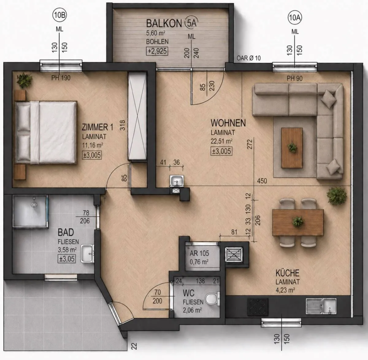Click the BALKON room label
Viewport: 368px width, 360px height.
coord(164,23)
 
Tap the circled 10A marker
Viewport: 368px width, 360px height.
coord(295,17)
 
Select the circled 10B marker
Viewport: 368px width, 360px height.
coord(59,15)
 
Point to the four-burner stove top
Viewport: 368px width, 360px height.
coord(258,307)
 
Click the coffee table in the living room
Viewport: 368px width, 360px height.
coord(292,148)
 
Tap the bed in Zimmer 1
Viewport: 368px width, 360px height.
coord(46,132)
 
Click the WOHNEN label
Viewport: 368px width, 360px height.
coord(228,123)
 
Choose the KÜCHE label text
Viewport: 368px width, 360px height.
coord(287,273)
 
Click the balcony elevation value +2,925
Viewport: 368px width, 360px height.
coord(157,51)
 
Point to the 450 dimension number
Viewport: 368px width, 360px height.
coord(262,181)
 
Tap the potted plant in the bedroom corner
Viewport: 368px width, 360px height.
coord(25,80)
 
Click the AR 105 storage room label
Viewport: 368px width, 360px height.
coord(199,253)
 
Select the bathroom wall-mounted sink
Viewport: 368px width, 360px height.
coord(87,254)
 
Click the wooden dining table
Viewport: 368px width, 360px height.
coord(298,222)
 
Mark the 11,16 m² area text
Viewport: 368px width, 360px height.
coord(93,145)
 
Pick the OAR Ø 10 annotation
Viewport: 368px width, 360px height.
coord(248,58)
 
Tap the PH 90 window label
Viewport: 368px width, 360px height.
coord(294,79)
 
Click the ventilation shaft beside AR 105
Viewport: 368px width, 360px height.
coord(234,255)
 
